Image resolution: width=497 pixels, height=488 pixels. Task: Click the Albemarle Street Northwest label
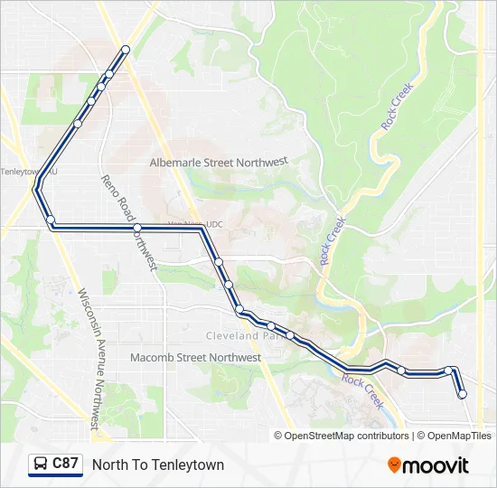218,162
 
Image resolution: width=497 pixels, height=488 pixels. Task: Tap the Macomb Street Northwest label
195,358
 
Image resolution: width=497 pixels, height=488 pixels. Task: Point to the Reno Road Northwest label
128,222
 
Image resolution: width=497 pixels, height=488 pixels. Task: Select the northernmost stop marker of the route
126,50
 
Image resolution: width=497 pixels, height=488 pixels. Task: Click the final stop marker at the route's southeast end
463,394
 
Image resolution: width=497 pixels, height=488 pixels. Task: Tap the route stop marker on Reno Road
137,228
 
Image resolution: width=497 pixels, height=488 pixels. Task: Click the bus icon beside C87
41,465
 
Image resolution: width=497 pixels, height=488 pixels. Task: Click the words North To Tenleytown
158,465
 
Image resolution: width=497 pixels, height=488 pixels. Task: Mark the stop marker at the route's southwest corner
52,221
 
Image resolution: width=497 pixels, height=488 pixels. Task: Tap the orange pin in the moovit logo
394,465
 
